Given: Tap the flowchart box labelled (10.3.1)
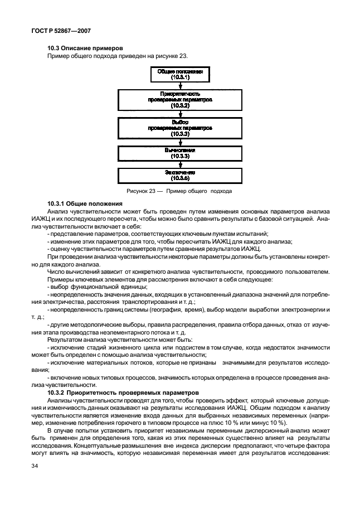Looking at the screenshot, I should tap(180, 75).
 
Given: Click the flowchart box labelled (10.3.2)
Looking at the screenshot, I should tap(180, 99).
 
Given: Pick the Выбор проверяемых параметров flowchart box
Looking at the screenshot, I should tap(180, 128).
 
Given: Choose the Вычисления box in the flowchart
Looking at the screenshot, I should tap(180, 154).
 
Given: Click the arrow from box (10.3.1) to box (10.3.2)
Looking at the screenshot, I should tap(180, 86).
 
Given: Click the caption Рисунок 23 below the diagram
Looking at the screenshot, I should tap(180, 191).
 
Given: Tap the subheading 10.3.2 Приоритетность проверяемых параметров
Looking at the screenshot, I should tap(118, 392).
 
